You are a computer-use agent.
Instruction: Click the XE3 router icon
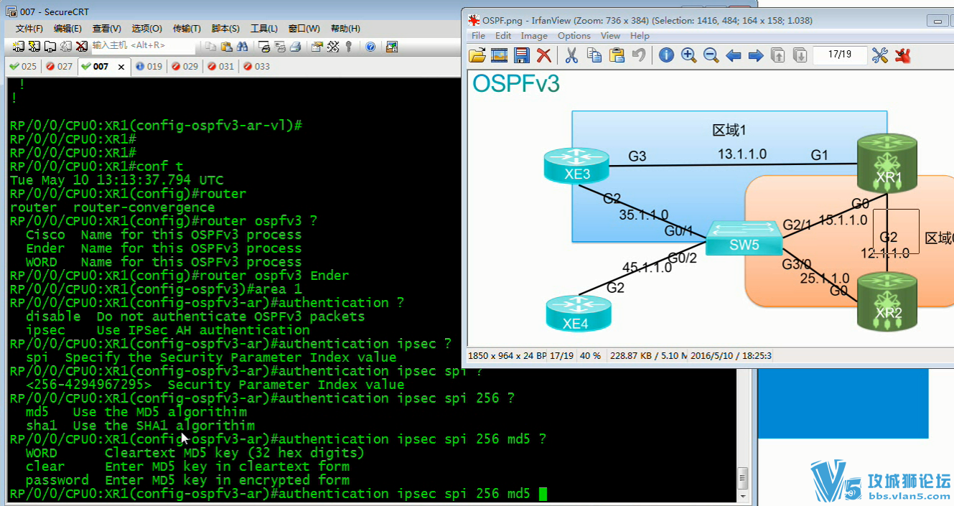click(576, 166)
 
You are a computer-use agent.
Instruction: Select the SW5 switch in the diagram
click(744, 238)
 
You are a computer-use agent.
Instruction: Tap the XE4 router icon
click(579, 314)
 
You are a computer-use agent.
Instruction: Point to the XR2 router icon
click(887, 302)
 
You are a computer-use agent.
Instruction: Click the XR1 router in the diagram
click(887, 164)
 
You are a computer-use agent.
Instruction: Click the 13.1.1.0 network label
click(742, 154)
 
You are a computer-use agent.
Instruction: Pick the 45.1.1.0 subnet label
click(647, 268)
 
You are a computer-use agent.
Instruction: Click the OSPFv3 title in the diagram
click(515, 83)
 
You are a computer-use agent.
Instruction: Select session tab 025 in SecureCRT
click(24, 67)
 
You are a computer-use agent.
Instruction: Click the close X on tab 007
click(121, 67)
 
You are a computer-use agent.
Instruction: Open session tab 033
click(257, 67)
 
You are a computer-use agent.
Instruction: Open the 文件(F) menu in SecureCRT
click(29, 29)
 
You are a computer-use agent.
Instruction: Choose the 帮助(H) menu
click(345, 29)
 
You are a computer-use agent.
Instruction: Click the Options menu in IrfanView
click(574, 36)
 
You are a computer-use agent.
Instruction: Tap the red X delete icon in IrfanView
click(544, 55)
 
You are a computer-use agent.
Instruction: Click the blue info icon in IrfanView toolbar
click(666, 55)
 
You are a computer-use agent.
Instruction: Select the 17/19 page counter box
click(839, 55)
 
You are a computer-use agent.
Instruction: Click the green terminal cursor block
click(543, 494)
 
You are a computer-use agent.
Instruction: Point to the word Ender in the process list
click(45, 248)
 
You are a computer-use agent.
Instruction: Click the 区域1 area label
click(729, 130)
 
